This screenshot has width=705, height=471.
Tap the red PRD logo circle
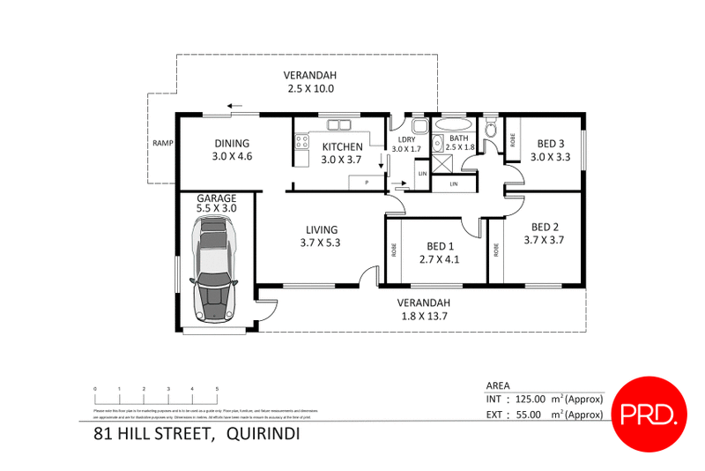649,413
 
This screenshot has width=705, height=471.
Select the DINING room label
232,144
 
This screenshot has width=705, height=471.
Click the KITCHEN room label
342,146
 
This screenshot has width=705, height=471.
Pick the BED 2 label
543,226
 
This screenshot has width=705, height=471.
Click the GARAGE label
216,199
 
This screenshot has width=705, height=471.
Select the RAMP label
162,143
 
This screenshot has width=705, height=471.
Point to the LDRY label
406,139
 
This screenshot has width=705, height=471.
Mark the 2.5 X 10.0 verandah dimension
310,88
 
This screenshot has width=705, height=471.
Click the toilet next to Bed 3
491,135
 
